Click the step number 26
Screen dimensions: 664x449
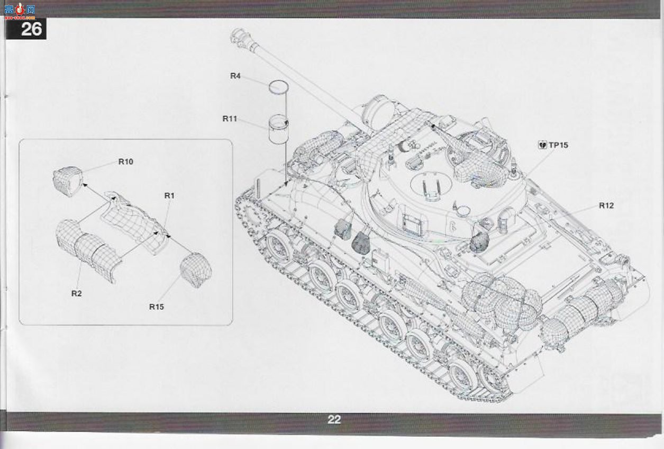[x=31, y=29]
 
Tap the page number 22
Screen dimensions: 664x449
[x=334, y=419]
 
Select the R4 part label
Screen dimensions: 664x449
[x=235, y=76]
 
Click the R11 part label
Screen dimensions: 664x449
[x=230, y=119]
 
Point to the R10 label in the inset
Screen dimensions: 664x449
[x=126, y=161]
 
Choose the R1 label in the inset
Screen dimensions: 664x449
[x=169, y=196]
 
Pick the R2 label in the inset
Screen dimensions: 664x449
[x=77, y=293]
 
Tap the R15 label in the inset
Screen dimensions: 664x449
[x=157, y=307]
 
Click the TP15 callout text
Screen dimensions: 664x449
[x=559, y=145]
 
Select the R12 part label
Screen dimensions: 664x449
[x=606, y=205]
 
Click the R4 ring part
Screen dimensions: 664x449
[x=278, y=87]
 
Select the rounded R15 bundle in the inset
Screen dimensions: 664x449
[x=196, y=270]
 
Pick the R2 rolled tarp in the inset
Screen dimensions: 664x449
[x=87, y=249]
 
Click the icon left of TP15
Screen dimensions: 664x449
[x=542, y=145]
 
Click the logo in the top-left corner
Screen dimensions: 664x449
[x=20, y=11]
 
